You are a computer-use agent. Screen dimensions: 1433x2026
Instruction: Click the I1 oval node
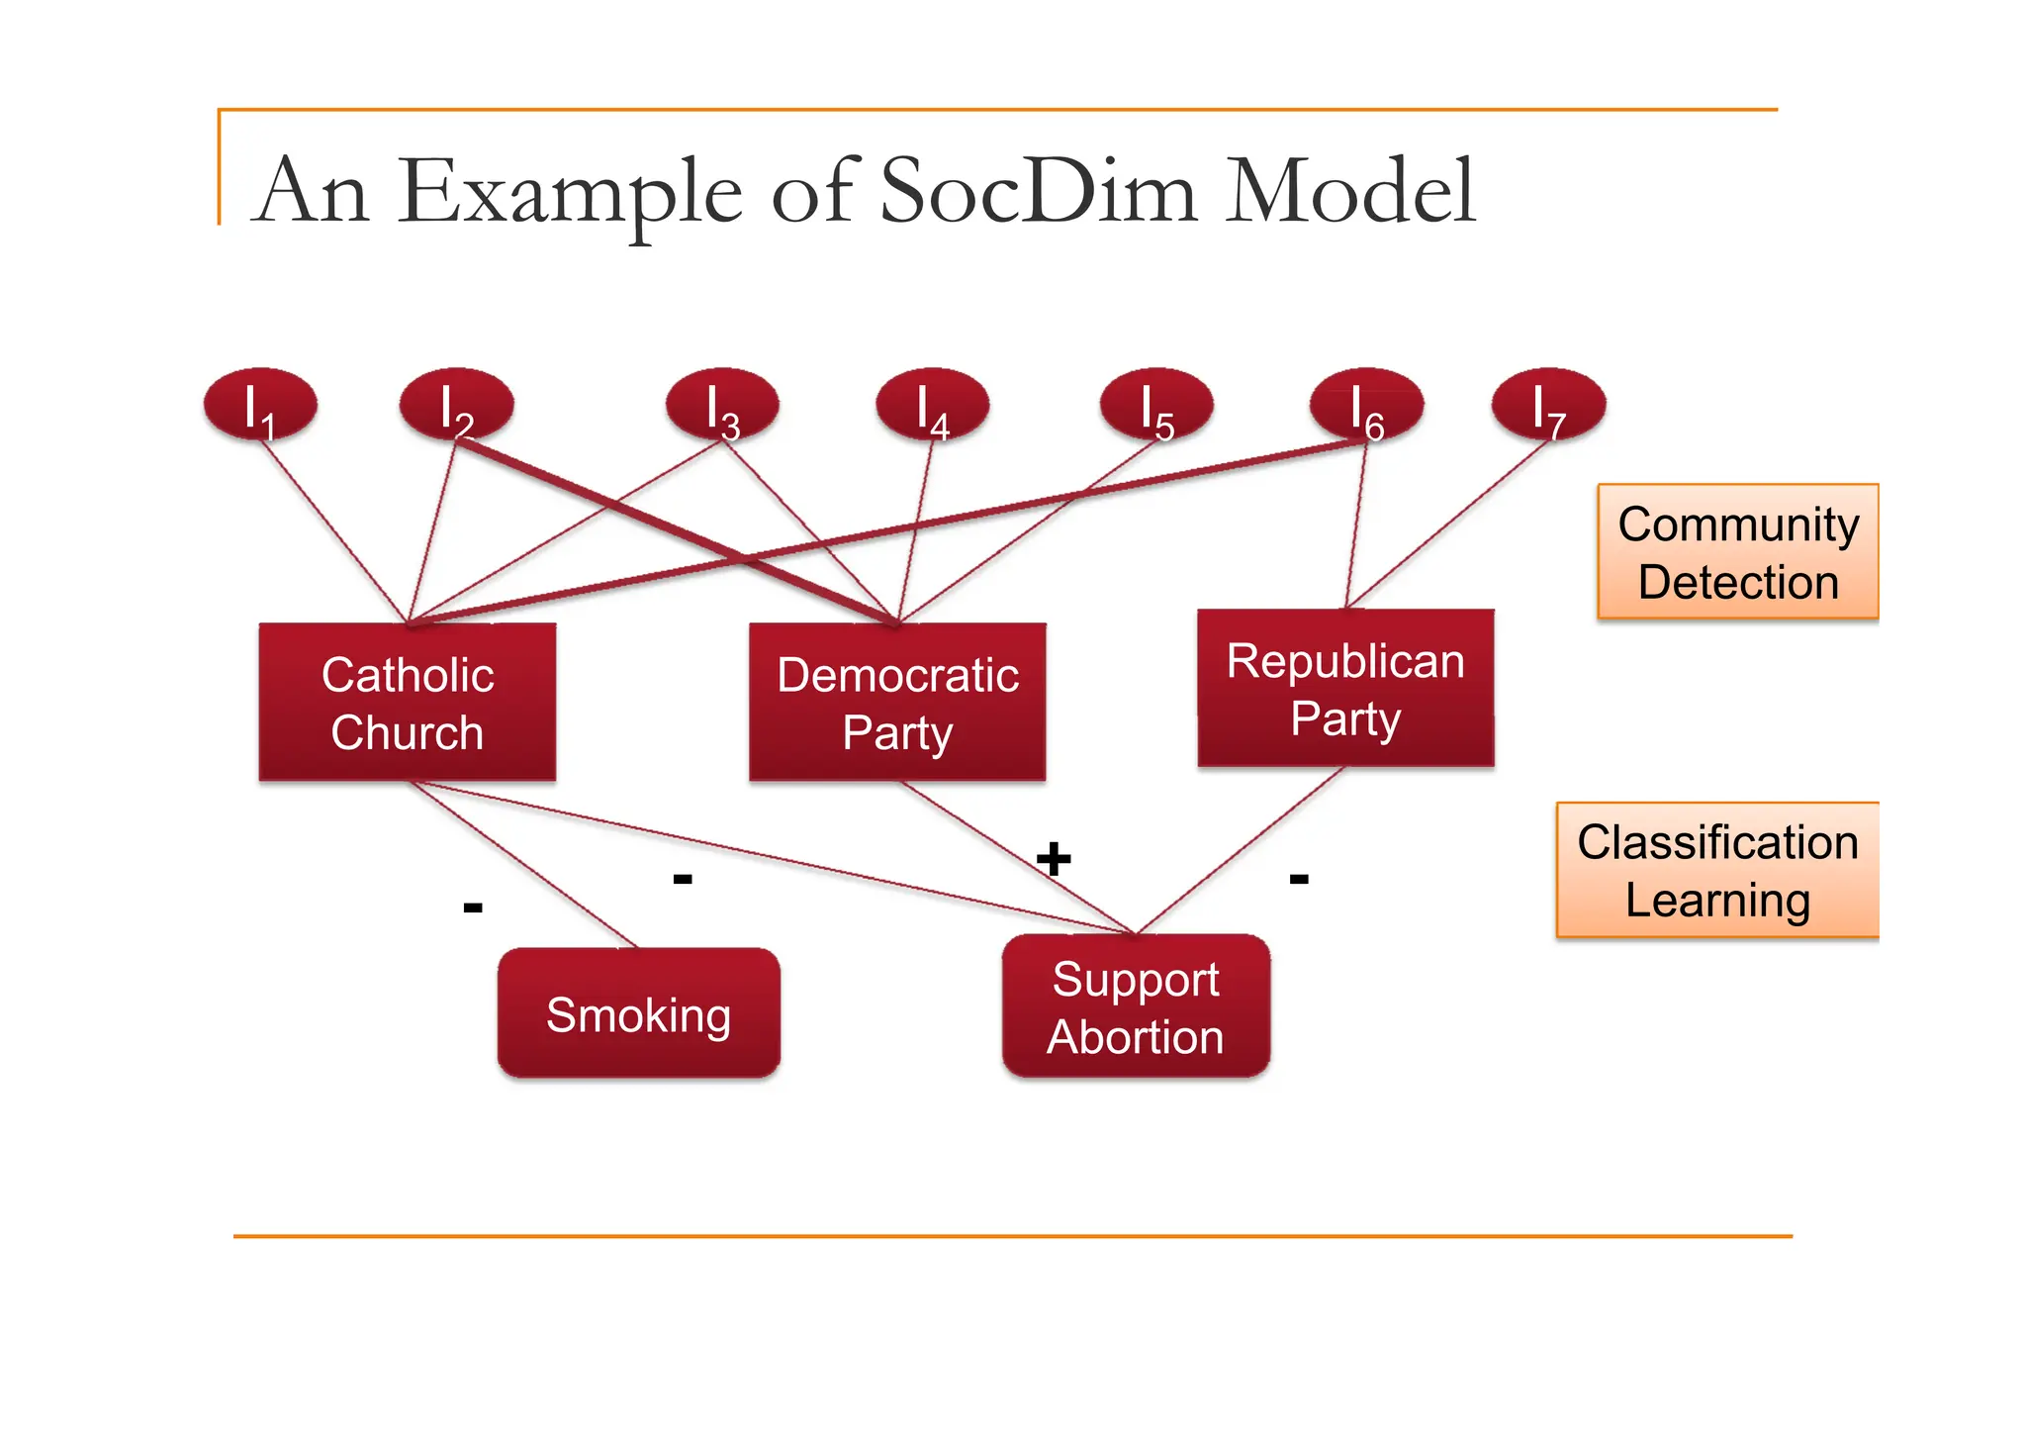tap(260, 405)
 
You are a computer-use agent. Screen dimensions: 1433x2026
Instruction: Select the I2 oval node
tap(456, 405)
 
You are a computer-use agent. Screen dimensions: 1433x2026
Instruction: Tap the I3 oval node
tap(722, 405)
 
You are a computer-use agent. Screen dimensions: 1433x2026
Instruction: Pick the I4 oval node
tap(932, 405)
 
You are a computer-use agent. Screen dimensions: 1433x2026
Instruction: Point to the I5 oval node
tap(1155, 405)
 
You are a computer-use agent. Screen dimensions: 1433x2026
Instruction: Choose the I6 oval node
tap(1366, 405)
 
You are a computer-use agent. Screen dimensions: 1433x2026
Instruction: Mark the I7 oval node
tap(1548, 405)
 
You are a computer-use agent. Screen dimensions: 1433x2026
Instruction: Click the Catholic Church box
tap(408, 703)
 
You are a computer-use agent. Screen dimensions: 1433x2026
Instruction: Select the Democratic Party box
tap(897, 703)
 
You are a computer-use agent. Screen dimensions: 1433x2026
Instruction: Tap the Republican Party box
tap(1345, 689)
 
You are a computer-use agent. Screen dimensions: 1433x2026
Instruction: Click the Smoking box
tap(638, 1013)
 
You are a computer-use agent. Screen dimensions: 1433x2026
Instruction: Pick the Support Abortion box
tap(1136, 1006)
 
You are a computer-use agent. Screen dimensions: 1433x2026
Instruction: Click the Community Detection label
tap(1737, 552)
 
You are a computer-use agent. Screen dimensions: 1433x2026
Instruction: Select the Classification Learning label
tap(1717, 870)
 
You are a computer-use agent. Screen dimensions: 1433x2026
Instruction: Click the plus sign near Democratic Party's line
tap(1054, 858)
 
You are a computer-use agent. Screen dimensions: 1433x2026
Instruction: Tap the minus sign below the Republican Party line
tap(1299, 878)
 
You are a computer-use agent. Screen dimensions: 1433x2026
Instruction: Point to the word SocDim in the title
tap(1039, 190)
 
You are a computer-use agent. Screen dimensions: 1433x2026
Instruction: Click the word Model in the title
tap(1350, 190)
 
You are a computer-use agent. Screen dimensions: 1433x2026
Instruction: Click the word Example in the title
tap(571, 190)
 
